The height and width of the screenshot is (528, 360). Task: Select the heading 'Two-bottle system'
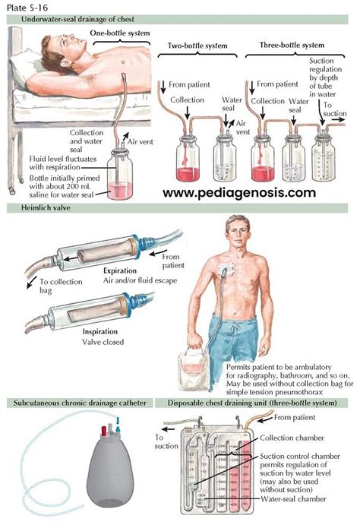point(196,46)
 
